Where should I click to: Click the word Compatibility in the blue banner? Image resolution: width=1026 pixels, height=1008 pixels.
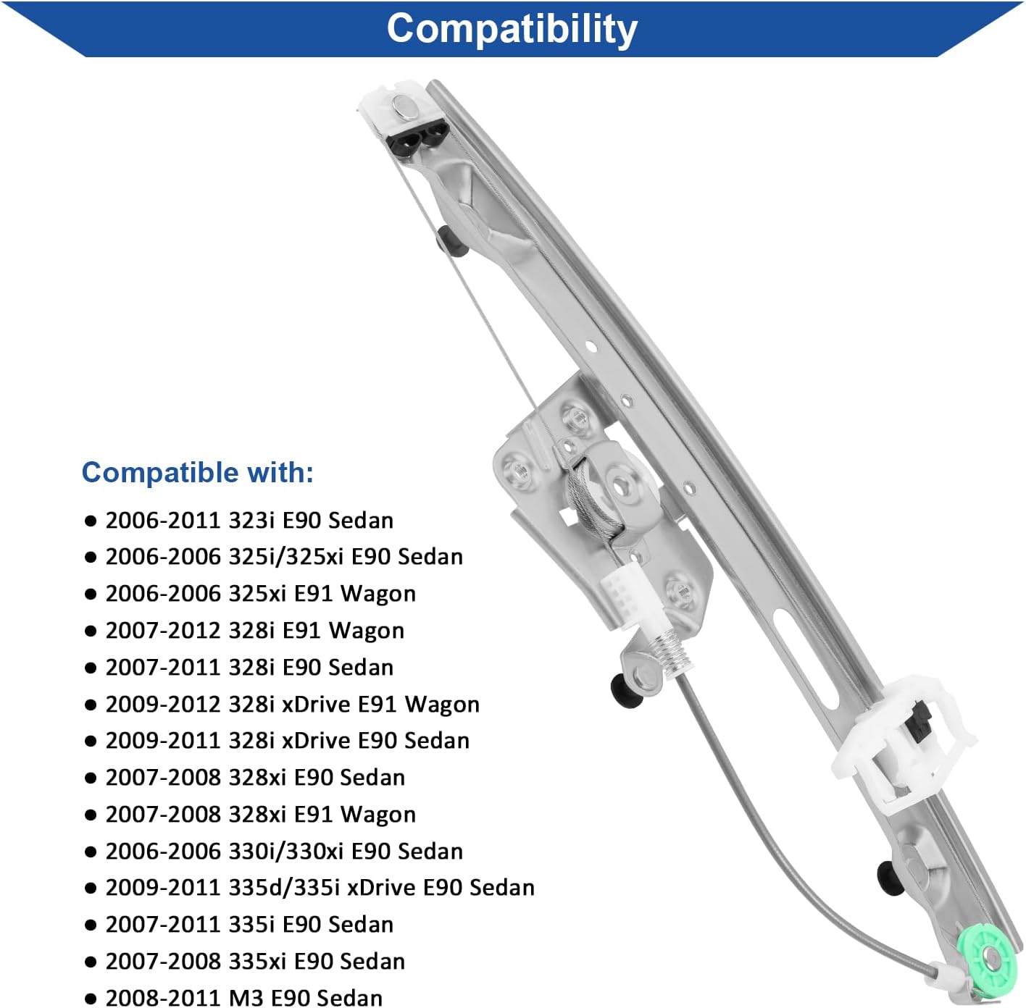(x=512, y=29)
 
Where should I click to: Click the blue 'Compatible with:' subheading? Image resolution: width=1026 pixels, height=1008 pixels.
(x=197, y=472)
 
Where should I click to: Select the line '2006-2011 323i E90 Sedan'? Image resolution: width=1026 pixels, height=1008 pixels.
(x=249, y=520)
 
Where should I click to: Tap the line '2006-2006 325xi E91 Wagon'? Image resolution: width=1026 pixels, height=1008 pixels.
(x=260, y=593)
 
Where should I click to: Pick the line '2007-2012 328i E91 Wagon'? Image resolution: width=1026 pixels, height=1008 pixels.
(x=254, y=630)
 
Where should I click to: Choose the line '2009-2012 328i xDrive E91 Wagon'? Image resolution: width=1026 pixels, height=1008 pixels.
(x=292, y=704)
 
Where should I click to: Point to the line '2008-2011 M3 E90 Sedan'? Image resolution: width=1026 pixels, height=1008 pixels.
(x=243, y=997)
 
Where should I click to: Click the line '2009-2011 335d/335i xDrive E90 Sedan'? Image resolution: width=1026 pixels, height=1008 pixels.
(x=320, y=887)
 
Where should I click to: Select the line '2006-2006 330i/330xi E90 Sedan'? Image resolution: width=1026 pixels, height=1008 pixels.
(x=284, y=851)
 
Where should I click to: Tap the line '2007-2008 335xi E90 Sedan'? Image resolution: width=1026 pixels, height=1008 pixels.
(x=255, y=961)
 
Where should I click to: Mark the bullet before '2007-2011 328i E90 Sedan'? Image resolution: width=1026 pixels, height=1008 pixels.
(x=91, y=668)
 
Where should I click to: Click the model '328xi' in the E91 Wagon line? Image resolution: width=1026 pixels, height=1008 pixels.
(x=257, y=814)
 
